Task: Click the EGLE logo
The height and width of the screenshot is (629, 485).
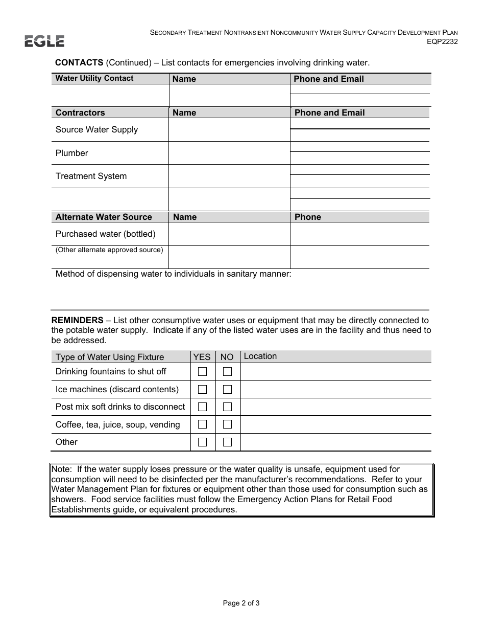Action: pos(44,41)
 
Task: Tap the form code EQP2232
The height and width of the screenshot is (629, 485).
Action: pos(442,42)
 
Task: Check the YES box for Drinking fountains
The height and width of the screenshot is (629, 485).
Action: pos(202,372)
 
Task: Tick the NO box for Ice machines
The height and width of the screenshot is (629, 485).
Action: pos(227,390)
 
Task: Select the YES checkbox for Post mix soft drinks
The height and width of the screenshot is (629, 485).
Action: pos(202,407)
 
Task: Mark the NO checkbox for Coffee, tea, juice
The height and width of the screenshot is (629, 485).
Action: pos(227,424)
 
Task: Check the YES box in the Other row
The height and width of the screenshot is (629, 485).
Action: pos(202,442)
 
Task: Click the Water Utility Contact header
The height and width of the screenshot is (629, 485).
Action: pos(94,78)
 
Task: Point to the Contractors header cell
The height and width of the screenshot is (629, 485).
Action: pos(80,113)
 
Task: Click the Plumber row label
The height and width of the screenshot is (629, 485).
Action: pos(71,153)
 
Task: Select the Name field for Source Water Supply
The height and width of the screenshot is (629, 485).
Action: pos(229,130)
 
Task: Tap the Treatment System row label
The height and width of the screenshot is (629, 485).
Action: pos(91,176)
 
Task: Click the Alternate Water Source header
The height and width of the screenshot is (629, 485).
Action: pos(104,217)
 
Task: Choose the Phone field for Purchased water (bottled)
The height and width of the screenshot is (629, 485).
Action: pos(359,234)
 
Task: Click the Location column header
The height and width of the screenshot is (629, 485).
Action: pos(260,356)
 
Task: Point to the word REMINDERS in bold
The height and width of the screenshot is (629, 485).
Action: pos(77,320)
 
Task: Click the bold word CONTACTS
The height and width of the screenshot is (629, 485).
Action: pos(79,62)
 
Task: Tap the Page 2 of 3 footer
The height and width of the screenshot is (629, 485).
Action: pos(241,603)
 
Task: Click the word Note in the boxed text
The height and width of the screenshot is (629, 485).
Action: pos(60,469)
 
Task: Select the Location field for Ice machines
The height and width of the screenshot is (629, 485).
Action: pos(335,390)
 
